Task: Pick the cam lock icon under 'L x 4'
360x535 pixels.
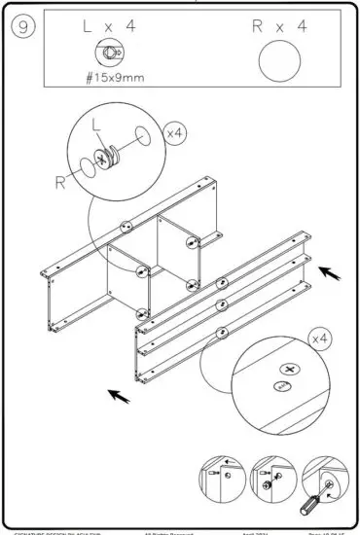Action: click(x=107, y=53)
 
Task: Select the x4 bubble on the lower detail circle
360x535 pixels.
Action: click(x=318, y=339)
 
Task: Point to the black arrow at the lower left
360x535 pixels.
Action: click(x=120, y=396)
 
